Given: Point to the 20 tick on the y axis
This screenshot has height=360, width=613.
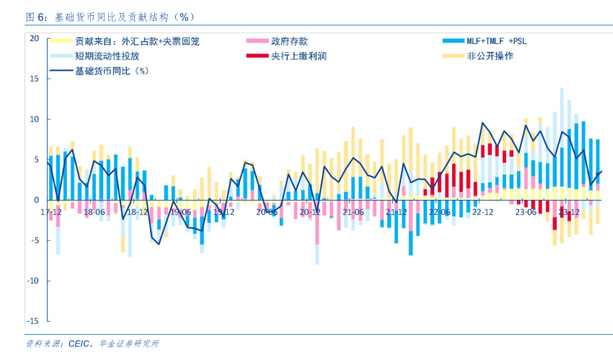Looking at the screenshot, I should tap(34, 38).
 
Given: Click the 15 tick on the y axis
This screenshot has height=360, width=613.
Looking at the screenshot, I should tap(34, 79).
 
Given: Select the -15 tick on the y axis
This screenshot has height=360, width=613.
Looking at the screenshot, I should tap(32, 321).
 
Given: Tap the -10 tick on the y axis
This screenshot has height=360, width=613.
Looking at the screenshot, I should tap(32, 281).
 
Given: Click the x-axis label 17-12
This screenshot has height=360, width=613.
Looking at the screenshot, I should tap(51, 212).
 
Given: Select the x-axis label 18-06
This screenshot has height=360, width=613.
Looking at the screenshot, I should tap(94, 212).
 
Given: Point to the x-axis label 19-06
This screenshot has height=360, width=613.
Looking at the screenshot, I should tap(181, 212).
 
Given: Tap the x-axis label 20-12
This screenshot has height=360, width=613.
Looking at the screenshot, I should tap(309, 212).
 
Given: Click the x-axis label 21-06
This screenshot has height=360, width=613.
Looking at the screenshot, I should tap(353, 212).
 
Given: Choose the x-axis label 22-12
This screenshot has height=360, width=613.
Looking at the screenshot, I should tap(482, 212).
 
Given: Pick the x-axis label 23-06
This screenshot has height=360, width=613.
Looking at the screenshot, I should tap(526, 212).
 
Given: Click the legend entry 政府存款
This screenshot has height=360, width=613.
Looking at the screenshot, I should tap(289, 42).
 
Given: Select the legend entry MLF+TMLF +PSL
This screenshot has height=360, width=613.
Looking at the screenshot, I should tap(497, 42).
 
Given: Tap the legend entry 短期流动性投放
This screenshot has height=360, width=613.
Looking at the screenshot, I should tap(107, 56).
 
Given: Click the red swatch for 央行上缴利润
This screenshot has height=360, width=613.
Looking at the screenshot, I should tap(256, 56).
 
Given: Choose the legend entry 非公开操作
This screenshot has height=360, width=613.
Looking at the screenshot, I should tap(490, 56).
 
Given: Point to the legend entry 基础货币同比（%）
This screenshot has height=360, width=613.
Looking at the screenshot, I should tap(112, 71).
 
